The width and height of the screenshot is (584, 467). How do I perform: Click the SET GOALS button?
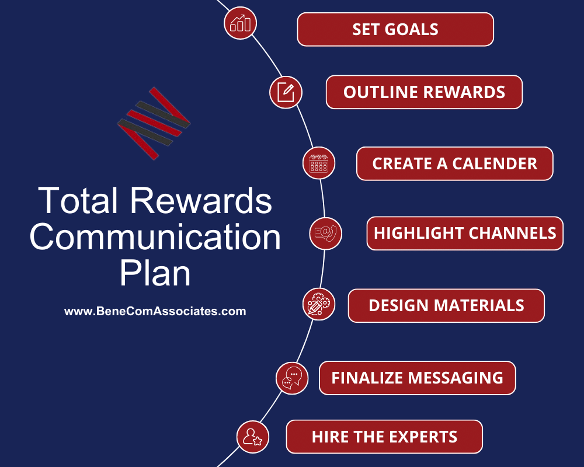[395, 29]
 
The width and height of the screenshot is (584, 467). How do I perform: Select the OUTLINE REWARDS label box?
[424, 92]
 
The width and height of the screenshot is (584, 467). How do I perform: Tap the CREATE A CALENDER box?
[454, 163]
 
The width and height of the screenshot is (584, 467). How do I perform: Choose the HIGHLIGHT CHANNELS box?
[465, 233]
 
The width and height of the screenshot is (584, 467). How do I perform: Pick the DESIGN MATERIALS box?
[446, 305]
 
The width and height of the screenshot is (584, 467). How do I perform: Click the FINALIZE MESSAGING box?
[417, 378]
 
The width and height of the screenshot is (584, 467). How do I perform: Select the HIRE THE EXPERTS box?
[384, 437]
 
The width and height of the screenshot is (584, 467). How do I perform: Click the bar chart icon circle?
[240, 23]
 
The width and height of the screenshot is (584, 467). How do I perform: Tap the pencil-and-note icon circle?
[286, 92]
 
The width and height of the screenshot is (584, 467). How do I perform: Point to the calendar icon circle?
[319, 163]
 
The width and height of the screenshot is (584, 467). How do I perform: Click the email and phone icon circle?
[325, 233]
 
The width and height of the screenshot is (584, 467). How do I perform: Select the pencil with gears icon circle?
[319, 304]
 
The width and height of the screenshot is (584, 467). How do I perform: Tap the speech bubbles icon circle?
[291, 378]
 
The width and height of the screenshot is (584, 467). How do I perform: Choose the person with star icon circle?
[253, 437]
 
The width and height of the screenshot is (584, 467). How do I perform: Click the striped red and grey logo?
[154, 123]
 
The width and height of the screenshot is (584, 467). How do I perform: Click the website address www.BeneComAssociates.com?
[155, 312]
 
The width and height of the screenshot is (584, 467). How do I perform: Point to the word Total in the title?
[79, 201]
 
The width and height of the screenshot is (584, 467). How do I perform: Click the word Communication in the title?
[155, 237]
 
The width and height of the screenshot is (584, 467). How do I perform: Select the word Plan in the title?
[155, 273]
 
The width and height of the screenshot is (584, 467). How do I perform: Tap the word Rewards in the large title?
[201, 201]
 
